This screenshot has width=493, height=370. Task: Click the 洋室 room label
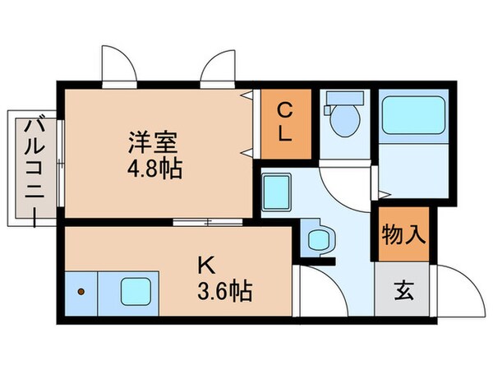154,141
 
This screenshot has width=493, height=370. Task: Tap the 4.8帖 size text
154,170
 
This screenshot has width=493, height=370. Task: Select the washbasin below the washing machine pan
316,239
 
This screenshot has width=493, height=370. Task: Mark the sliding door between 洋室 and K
207,222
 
